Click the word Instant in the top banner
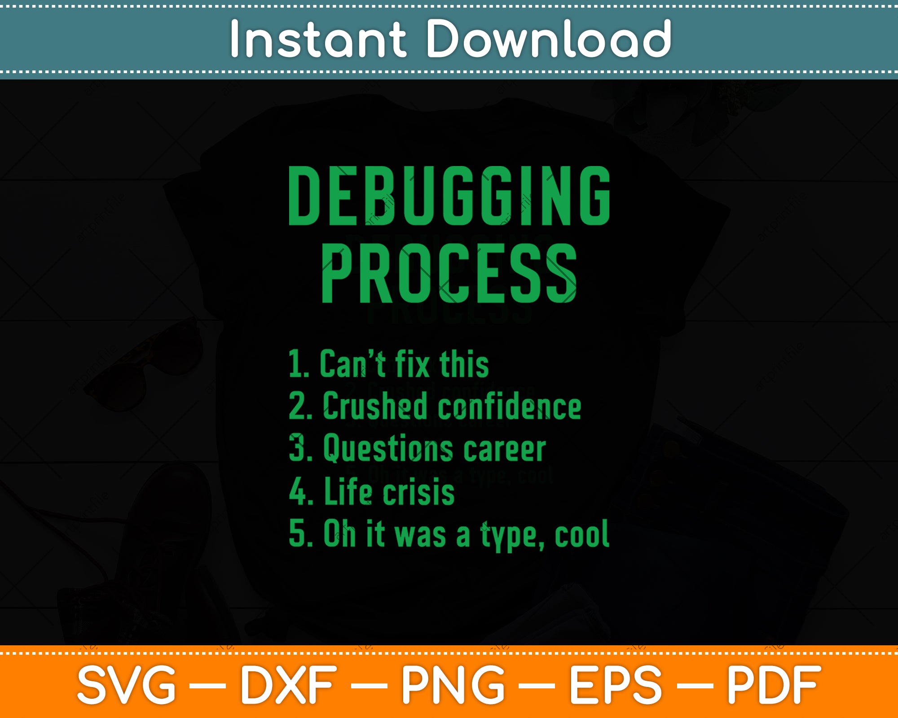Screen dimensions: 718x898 (318, 39)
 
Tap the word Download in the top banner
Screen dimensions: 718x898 (548, 39)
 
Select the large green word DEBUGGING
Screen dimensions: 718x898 (449, 196)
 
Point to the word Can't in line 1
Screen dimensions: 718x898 (352, 363)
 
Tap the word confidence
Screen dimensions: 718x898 (510, 406)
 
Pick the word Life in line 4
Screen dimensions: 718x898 (348, 491)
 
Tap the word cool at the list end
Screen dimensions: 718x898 (582, 534)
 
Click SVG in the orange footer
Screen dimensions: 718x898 (127, 685)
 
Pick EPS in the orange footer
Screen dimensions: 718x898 (616, 685)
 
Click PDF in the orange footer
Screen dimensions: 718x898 (774, 685)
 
